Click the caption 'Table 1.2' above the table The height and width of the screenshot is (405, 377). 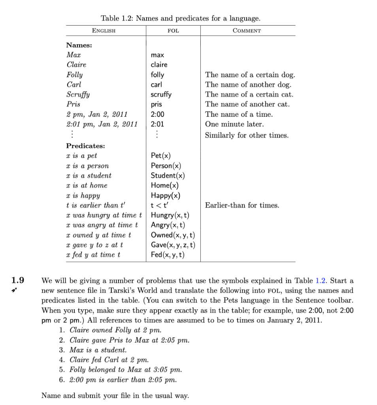(x=181, y=18)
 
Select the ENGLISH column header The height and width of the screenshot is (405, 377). (x=104, y=30)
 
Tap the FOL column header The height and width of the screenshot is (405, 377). (x=173, y=30)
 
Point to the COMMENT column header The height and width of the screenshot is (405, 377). (x=247, y=30)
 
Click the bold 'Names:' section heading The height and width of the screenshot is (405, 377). (x=79, y=45)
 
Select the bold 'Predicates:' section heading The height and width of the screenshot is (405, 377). (x=85, y=146)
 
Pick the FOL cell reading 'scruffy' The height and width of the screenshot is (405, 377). (x=161, y=95)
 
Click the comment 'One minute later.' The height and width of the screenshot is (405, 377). (x=233, y=124)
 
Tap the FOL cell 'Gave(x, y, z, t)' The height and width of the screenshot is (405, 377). (x=173, y=245)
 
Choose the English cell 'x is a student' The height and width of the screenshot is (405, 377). (x=89, y=176)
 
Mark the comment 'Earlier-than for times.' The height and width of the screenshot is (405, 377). (x=242, y=205)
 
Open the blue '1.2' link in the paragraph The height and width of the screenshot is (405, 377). (x=320, y=281)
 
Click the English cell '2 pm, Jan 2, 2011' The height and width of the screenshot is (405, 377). (x=97, y=114)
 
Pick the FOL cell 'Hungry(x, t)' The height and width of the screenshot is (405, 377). (x=170, y=215)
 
